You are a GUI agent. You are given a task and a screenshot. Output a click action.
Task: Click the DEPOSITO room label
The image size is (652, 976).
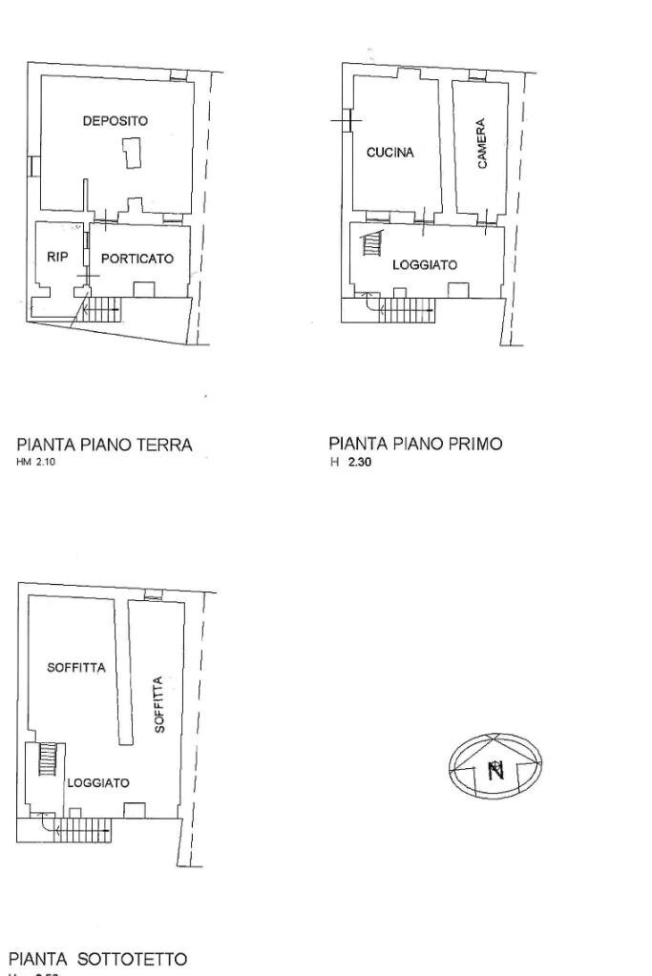[x=115, y=121]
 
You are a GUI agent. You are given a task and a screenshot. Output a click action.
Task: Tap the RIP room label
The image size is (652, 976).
[x=57, y=257]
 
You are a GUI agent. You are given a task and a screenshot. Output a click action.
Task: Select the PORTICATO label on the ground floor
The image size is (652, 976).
[x=137, y=259]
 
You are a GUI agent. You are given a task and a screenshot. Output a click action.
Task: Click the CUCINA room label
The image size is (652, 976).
[x=389, y=153]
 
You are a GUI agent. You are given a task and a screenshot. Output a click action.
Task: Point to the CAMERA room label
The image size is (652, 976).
[x=482, y=144]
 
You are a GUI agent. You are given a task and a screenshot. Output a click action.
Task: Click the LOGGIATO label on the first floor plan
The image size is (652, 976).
[x=425, y=264]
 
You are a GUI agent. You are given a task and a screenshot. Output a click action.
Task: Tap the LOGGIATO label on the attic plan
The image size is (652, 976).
[x=98, y=782]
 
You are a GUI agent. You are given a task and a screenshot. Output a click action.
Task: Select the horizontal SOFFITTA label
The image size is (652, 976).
[x=76, y=667]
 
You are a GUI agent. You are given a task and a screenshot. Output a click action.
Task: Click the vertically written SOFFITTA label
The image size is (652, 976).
[x=159, y=704]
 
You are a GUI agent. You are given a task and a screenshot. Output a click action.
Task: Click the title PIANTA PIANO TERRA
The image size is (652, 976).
[x=105, y=445]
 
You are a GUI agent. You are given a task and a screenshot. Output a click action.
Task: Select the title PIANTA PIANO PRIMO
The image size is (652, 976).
[x=414, y=444]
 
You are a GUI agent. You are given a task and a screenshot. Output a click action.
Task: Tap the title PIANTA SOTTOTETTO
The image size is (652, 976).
[x=98, y=958]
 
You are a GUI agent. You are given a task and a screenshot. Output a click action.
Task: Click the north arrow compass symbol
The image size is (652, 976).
[x=495, y=766]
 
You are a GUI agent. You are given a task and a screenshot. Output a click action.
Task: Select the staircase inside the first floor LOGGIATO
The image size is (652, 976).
[x=370, y=245]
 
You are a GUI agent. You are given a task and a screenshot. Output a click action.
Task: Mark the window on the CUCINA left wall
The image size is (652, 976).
[x=349, y=121]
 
